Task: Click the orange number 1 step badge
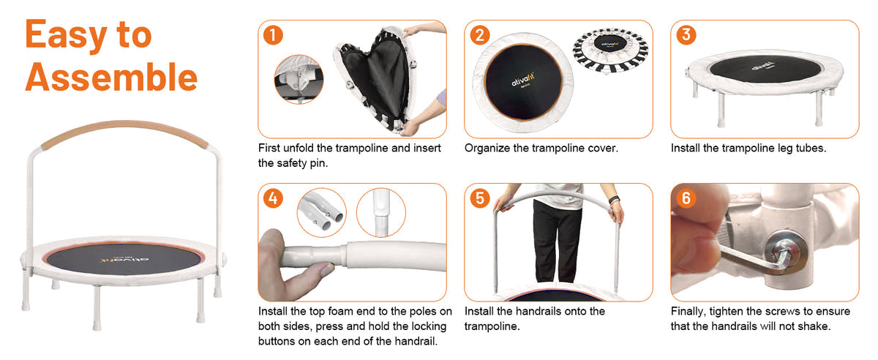273,35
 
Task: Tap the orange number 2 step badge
479,35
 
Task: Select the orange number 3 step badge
686,35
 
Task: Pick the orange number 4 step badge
273,198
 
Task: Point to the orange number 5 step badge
479,198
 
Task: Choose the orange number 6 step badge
686,198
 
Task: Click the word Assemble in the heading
111,77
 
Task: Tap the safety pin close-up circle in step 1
299,80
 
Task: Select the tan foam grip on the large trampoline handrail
124,132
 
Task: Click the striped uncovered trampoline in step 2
610,51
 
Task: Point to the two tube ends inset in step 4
322,212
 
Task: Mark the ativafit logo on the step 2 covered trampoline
523,80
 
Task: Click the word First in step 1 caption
269,148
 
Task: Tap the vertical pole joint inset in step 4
381,212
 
